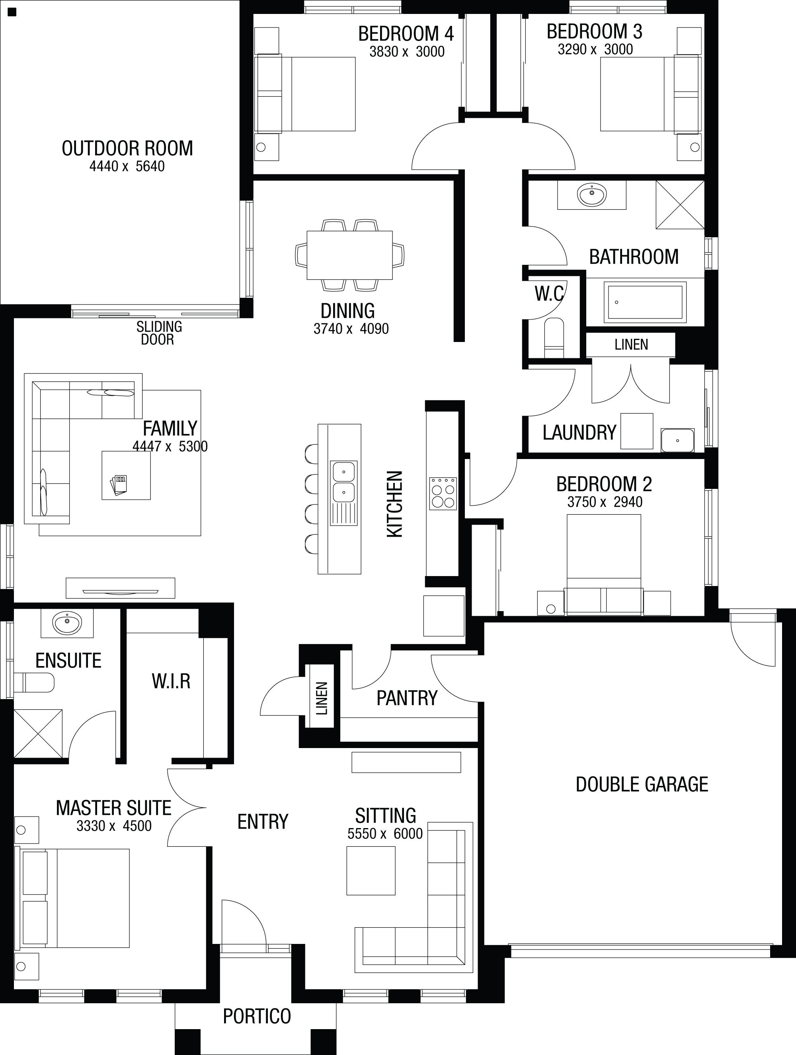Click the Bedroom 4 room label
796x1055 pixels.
point(406,34)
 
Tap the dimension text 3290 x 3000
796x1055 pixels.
point(595,49)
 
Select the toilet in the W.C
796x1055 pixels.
point(554,338)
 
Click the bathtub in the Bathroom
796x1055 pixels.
point(645,302)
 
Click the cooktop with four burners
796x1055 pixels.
point(443,494)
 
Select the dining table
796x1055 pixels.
point(349,255)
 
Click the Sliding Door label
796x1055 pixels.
point(158,333)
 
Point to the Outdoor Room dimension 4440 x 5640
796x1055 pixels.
point(127,166)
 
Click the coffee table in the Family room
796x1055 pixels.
point(126,475)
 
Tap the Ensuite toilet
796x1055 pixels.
point(34,682)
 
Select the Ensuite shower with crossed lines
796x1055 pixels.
point(38,733)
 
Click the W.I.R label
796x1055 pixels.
point(171,682)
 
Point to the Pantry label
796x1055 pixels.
point(407,698)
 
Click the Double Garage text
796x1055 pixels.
point(642,785)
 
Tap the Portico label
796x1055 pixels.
point(257,1016)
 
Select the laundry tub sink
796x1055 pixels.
point(677,440)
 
